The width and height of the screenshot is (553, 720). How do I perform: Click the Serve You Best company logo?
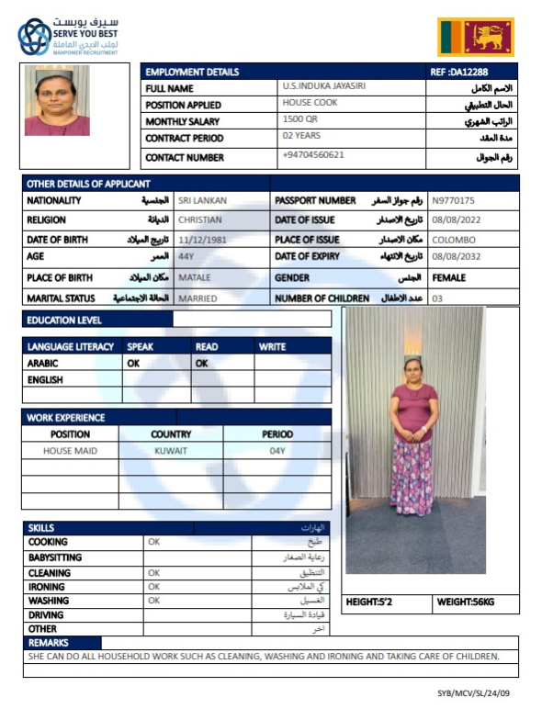pos(69,36)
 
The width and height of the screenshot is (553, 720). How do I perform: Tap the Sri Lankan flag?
pos(475,38)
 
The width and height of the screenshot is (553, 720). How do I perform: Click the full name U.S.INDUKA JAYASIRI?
pos(329,86)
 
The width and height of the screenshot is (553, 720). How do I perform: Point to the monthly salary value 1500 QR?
pos(300,120)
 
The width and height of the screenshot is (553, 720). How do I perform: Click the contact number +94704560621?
pos(313,155)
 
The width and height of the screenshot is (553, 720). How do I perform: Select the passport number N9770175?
pos(453,200)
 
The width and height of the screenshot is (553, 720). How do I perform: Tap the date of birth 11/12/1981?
pos(203,239)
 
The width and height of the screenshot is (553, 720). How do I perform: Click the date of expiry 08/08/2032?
pos(452,258)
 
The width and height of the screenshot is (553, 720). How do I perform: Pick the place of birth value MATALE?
pos(194,277)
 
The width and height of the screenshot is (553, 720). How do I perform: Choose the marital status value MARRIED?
pos(197,298)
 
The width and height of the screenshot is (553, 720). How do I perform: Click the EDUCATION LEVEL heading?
pos(65,321)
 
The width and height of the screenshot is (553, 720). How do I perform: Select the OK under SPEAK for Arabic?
pos(134,364)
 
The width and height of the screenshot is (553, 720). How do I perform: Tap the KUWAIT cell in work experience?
pos(171,451)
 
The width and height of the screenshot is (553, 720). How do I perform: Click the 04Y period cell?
pos(277,451)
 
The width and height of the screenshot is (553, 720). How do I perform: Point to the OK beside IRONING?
pos(153,586)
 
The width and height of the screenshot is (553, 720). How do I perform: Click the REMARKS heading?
pos(49,643)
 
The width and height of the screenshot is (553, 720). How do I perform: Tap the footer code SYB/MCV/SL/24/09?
pos(473,694)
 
